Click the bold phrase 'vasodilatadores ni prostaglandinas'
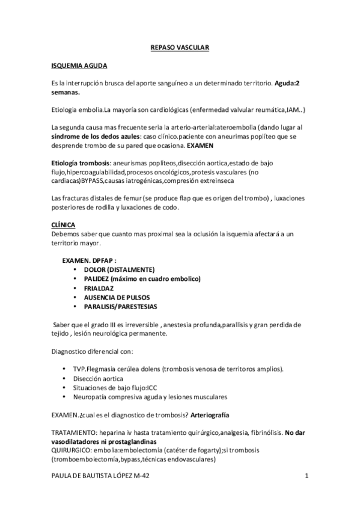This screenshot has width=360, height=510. pos(106,441)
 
